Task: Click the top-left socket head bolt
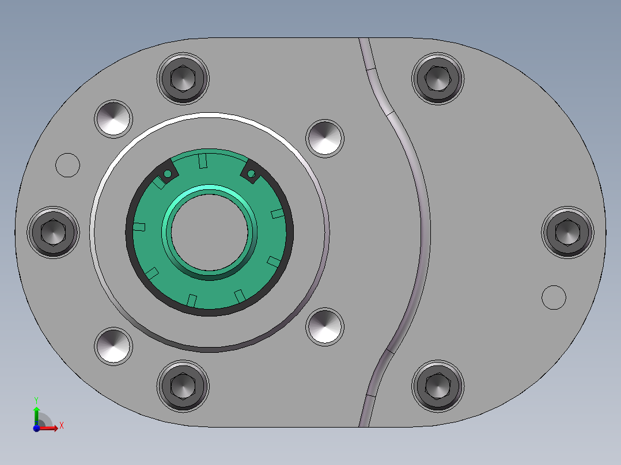[183, 78]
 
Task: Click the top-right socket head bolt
[438, 78]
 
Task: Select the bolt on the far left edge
[53, 231]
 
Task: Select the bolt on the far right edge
[567, 231]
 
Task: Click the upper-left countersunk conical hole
[113, 119]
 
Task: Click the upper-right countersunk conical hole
[325, 138]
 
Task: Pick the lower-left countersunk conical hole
[113, 346]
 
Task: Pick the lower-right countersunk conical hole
[325, 326]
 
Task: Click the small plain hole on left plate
[67, 165]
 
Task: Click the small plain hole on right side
[554, 297]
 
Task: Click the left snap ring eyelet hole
[168, 173]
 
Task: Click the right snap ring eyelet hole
[251, 173]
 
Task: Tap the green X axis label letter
[61, 426]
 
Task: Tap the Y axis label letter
[36, 399]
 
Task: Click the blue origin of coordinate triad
[36, 428]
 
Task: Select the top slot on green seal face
[202, 161]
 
